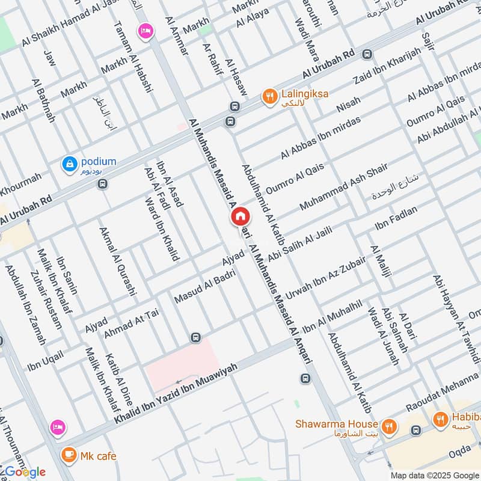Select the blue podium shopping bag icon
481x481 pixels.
tap(70, 162)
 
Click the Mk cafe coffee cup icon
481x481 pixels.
tap(68, 455)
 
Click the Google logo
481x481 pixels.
tap(23, 471)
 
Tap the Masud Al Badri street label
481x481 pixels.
tap(204, 285)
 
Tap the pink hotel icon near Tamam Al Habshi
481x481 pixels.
tap(145, 31)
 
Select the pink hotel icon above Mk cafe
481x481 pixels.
tap(58, 426)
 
